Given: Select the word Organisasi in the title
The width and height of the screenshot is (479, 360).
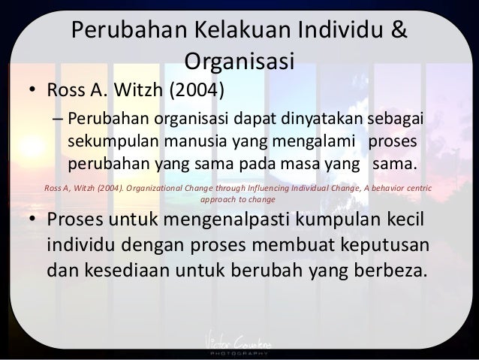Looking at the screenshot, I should click(239, 59).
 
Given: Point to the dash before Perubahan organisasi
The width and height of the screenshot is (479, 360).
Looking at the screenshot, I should click(57, 121).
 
